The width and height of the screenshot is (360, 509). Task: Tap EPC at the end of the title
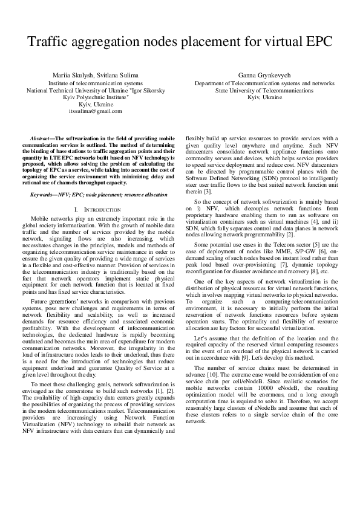pos(315,43)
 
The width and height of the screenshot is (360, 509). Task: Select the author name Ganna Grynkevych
pos(264,75)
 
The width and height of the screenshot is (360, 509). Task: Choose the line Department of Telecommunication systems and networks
pos(264,82)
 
